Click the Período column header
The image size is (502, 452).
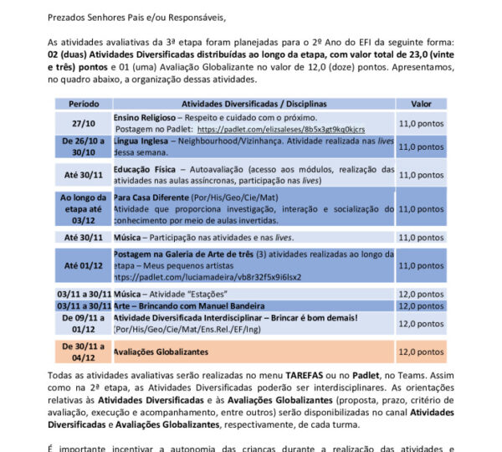click(x=82, y=104)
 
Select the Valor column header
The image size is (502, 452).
click(x=421, y=104)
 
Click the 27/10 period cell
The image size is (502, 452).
click(x=82, y=123)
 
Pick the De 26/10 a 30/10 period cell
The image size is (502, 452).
click(x=82, y=146)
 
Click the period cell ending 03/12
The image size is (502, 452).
click(x=82, y=208)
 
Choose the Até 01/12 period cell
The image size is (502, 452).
click(x=82, y=265)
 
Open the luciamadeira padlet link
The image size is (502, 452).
click(x=207, y=276)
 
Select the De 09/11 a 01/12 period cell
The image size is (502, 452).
click(x=82, y=324)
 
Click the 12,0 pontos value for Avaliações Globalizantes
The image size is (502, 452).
click(x=421, y=352)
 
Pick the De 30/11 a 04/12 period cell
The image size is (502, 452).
click(x=82, y=352)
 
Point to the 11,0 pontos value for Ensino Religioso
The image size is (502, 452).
click(x=421, y=123)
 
